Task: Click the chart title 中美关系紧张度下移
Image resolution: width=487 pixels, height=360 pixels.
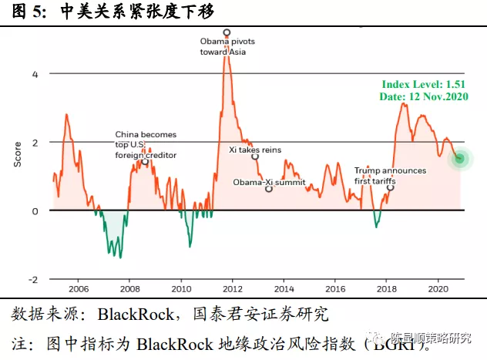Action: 136,12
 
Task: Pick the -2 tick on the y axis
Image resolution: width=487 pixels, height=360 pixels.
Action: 32,279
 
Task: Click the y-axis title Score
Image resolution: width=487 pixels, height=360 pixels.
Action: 17,153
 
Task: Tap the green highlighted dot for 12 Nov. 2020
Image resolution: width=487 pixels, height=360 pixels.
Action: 460,159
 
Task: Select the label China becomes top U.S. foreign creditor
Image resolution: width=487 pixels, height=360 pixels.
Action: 146,144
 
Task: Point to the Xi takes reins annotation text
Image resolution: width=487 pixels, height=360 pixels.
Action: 255,150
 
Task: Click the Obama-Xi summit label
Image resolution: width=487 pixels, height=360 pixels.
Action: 270,183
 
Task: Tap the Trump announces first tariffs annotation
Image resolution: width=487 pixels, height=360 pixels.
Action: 390,176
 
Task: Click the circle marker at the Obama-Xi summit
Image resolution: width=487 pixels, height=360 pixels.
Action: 269,189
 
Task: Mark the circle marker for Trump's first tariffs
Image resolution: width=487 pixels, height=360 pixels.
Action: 390,187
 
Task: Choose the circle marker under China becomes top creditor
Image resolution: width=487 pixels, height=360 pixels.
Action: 144,162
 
